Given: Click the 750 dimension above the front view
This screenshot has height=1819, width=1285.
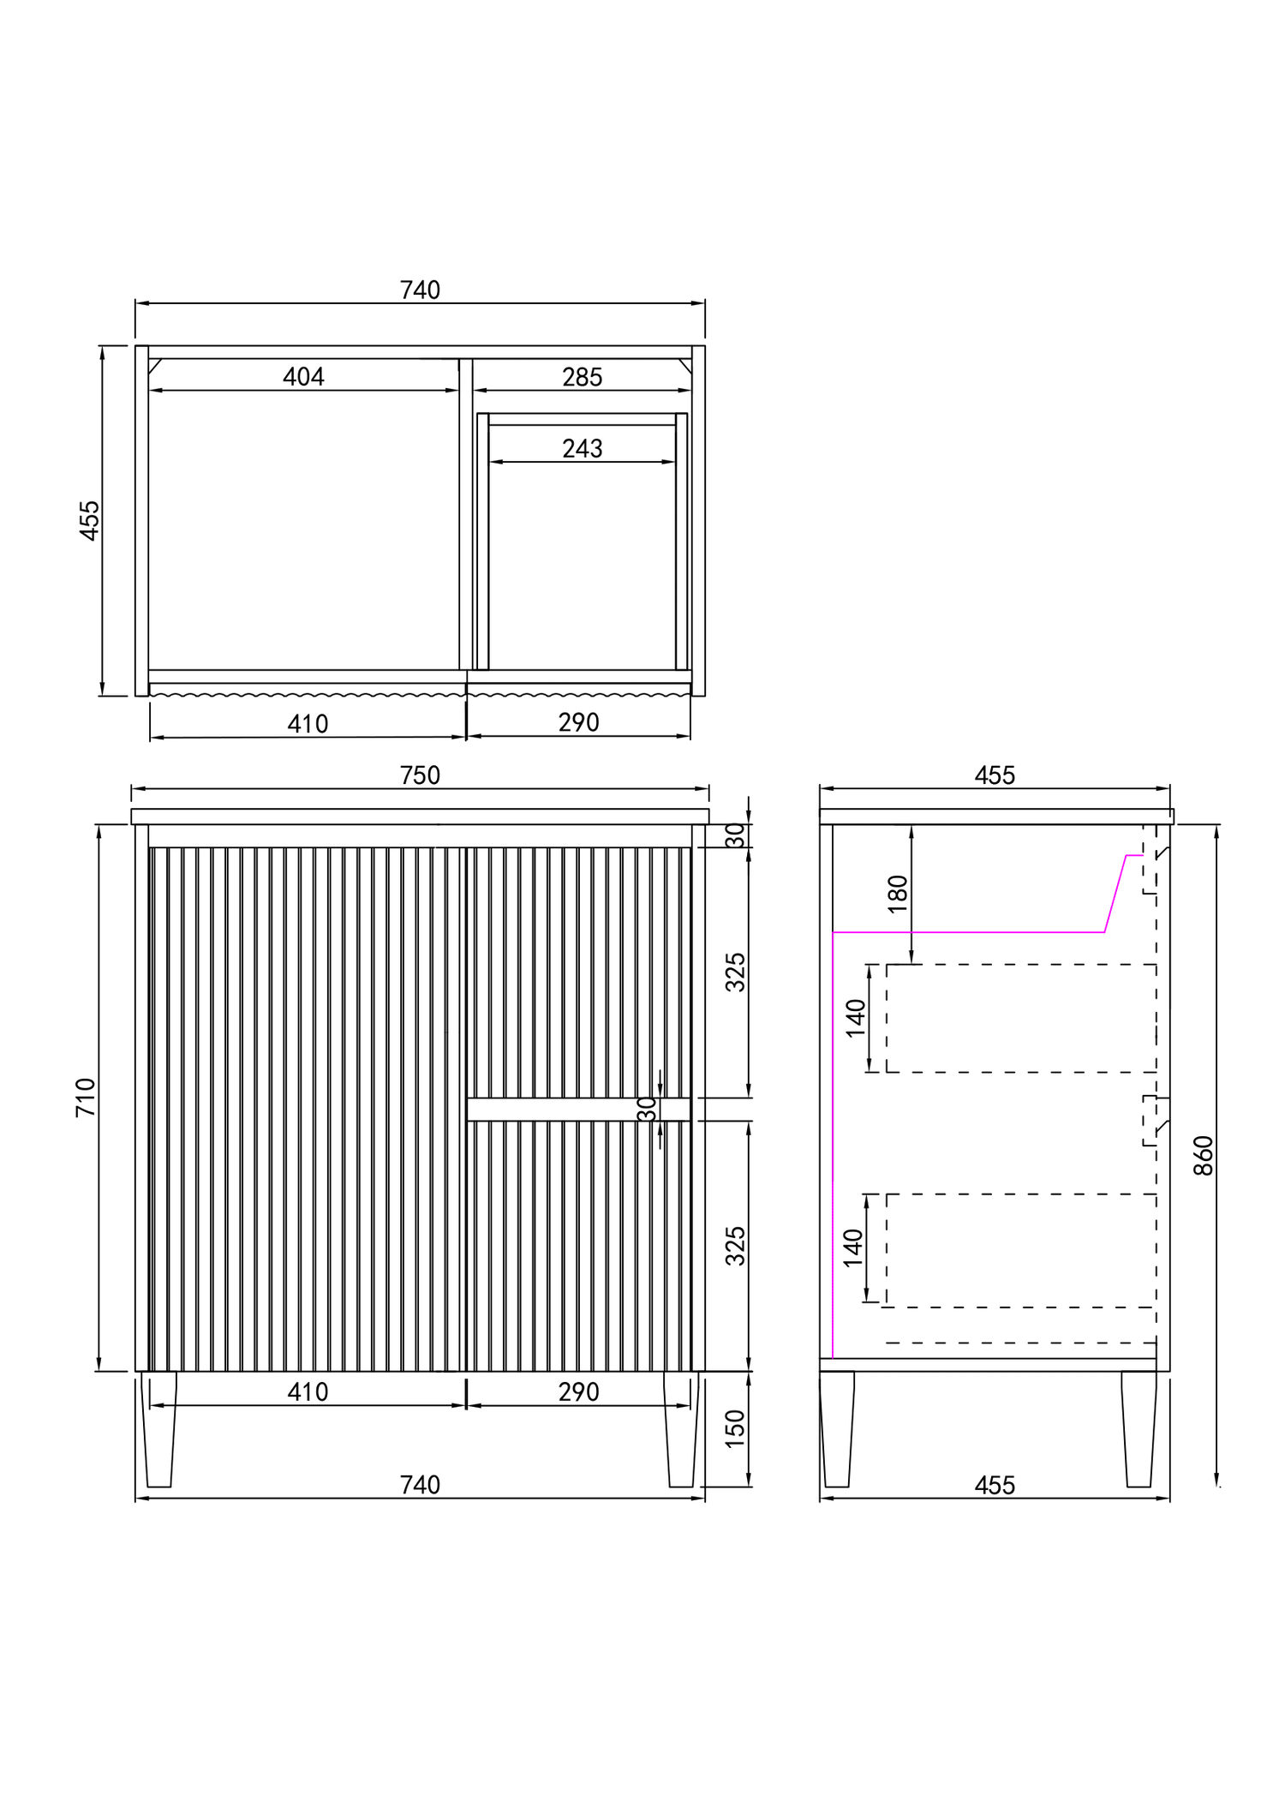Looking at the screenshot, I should click(420, 775).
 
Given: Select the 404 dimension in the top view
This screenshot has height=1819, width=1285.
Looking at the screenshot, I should click(303, 377).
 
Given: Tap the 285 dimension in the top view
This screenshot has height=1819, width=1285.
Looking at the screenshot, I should click(582, 377).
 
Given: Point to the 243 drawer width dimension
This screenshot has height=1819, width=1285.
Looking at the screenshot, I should click(582, 448).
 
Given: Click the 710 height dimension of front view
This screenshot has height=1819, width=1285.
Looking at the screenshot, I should click(86, 1098).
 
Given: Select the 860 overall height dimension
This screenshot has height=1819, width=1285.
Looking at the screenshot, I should click(1204, 1155).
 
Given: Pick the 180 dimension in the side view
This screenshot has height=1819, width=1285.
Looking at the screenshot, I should click(897, 894).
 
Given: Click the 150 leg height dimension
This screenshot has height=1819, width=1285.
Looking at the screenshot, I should click(735, 1428).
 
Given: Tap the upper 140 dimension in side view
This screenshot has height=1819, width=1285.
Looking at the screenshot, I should click(855, 1018).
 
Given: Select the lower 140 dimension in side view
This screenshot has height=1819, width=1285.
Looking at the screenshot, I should click(852, 1248).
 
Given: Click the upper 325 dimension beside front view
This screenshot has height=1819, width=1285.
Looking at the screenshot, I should click(735, 972).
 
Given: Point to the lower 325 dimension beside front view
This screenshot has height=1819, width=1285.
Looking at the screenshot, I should click(735, 1246).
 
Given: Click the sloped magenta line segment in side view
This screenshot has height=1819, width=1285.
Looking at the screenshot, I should click(1115, 894).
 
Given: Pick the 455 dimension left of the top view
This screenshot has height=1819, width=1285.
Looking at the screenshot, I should click(89, 520).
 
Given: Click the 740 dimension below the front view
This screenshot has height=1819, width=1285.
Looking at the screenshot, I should click(420, 1485).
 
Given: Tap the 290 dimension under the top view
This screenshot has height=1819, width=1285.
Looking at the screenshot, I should click(578, 722).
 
